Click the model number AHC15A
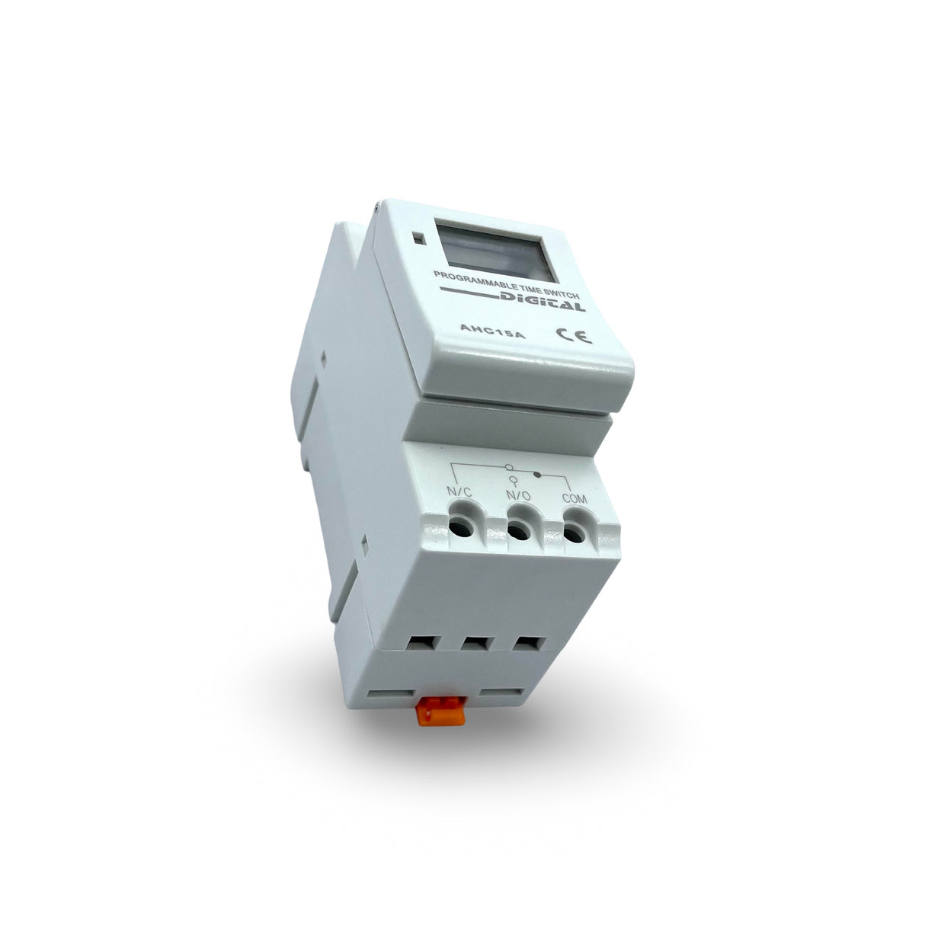492,331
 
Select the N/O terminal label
518,496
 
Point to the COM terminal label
575,498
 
